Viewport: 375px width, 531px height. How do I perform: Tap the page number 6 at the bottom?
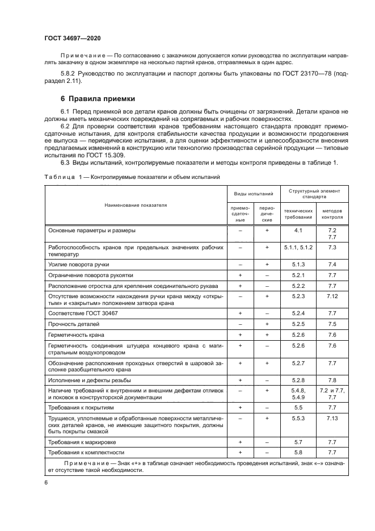(46, 482)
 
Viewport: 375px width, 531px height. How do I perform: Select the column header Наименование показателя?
(135, 204)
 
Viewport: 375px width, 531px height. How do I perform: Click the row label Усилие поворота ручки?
(78, 265)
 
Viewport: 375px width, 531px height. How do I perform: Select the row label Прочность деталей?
(74, 324)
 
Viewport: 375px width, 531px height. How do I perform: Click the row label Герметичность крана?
(75, 335)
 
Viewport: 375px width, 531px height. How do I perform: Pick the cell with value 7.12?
(332, 296)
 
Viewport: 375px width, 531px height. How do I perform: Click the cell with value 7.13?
(332, 417)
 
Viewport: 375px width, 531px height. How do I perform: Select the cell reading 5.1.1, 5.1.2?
(298, 248)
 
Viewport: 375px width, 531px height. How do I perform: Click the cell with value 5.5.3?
(298, 417)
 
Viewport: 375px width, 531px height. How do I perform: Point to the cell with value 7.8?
(332, 379)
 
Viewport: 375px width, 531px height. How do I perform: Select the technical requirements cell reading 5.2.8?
(298, 379)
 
